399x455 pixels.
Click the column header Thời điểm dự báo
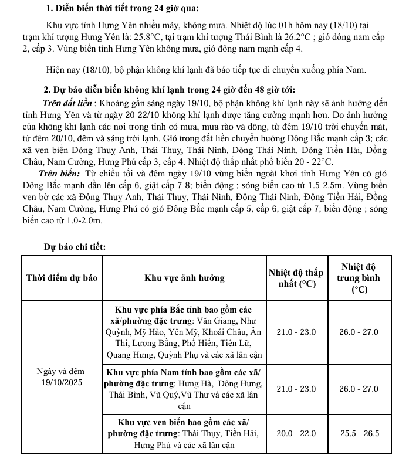[x=62, y=279]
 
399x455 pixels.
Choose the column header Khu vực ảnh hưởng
[x=184, y=279]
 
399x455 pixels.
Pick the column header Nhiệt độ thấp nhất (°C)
[x=296, y=279]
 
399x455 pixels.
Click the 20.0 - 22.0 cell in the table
[x=296, y=433]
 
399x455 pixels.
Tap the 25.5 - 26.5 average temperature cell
[x=359, y=433]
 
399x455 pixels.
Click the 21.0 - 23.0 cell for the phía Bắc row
[x=296, y=332]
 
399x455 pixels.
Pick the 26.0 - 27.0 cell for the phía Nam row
[x=359, y=389]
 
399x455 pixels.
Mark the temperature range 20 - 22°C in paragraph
[x=309, y=161]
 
